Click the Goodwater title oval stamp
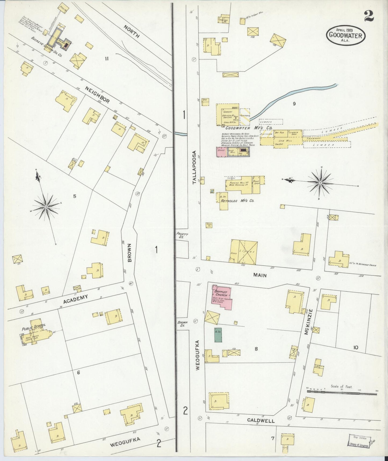(346, 35)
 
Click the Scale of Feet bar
(342, 393)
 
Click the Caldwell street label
(261, 420)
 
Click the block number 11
(107, 58)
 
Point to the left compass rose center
(46, 207)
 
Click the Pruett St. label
(182, 236)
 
